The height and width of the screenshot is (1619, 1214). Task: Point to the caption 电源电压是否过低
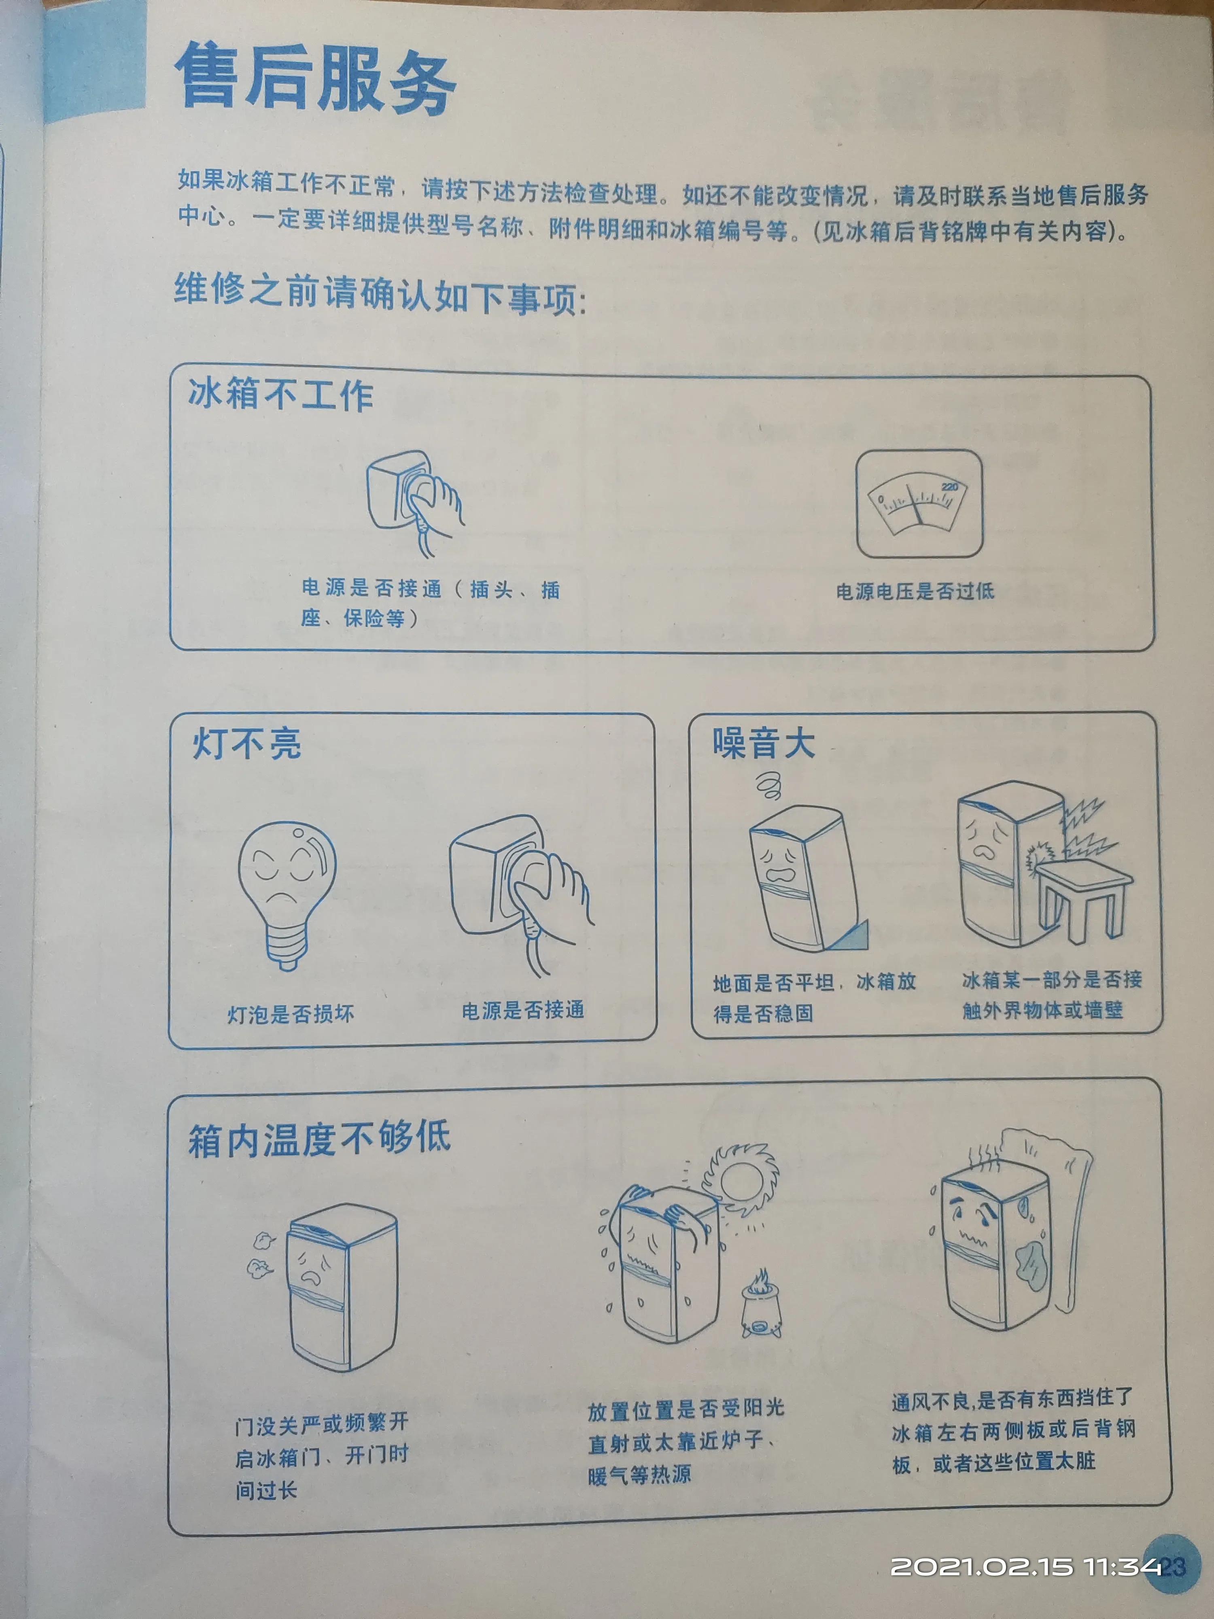915,591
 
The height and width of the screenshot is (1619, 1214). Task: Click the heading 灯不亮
246,744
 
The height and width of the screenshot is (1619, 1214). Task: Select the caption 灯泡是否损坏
291,1014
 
